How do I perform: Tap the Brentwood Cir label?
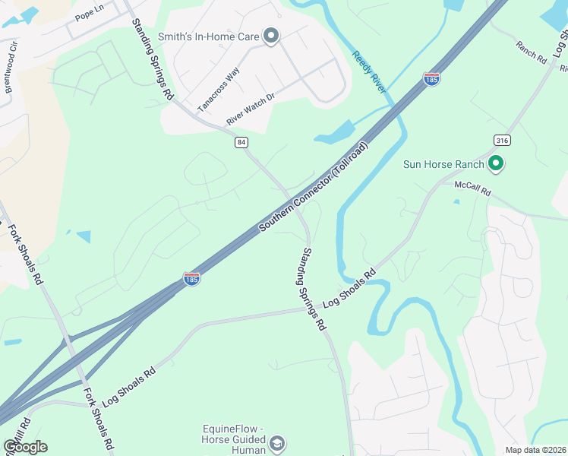click(x=11, y=73)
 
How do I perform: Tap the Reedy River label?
click(x=370, y=72)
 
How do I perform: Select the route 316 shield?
click(x=501, y=141)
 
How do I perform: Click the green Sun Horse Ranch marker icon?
click(x=497, y=163)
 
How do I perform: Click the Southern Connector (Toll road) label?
click(x=313, y=186)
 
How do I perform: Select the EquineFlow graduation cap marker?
click(x=278, y=442)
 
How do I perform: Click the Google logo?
click(x=24, y=447)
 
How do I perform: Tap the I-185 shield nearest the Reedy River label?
click(x=431, y=79)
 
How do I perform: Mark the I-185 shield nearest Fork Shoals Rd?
click(x=191, y=280)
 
